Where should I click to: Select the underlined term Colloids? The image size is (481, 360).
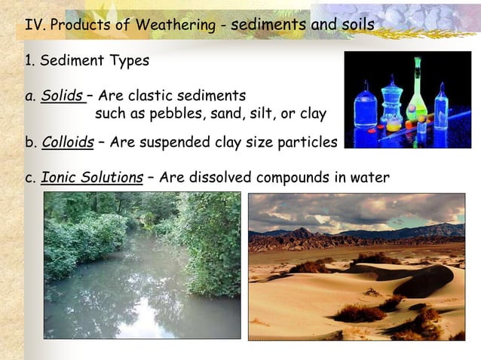pyautogui.click(x=67, y=142)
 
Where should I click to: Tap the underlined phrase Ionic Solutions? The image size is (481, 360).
pyautogui.click(x=91, y=178)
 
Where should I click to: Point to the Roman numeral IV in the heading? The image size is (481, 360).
pyautogui.click(x=33, y=25)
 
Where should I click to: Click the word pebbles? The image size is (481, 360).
pyautogui.click(x=164, y=114)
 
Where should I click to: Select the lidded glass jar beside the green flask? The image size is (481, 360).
pyautogui.click(x=391, y=105)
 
